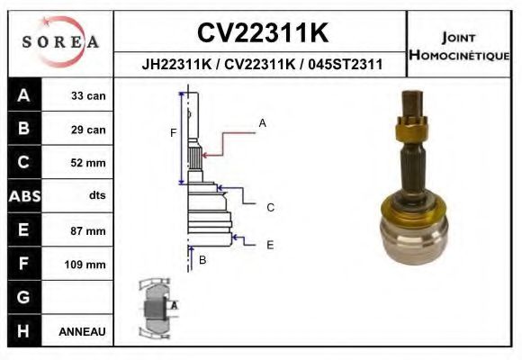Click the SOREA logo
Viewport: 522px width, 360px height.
pyautogui.click(x=59, y=41)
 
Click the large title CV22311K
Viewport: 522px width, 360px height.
pyautogui.click(x=262, y=33)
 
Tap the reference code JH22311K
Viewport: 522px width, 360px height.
pyautogui.click(x=177, y=65)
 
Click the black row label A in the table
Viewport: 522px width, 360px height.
pyautogui.click(x=23, y=95)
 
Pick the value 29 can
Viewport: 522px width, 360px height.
pyautogui.click(x=88, y=130)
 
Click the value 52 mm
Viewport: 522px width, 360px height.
pyautogui.click(x=88, y=163)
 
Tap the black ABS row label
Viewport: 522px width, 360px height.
pyautogui.click(x=23, y=196)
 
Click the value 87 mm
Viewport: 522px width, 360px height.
pyautogui.click(x=88, y=230)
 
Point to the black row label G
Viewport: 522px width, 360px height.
pyautogui.click(x=23, y=297)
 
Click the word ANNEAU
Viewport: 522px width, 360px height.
pyautogui.click(x=82, y=331)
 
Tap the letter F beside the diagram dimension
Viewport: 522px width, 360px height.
pyautogui.click(x=173, y=133)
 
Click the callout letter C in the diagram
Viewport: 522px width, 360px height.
pyautogui.click(x=270, y=207)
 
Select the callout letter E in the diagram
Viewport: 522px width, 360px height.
pyautogui.click(x=270, y=244)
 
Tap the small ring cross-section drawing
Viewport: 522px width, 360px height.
pyautogui.click(x=156, y=306)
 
